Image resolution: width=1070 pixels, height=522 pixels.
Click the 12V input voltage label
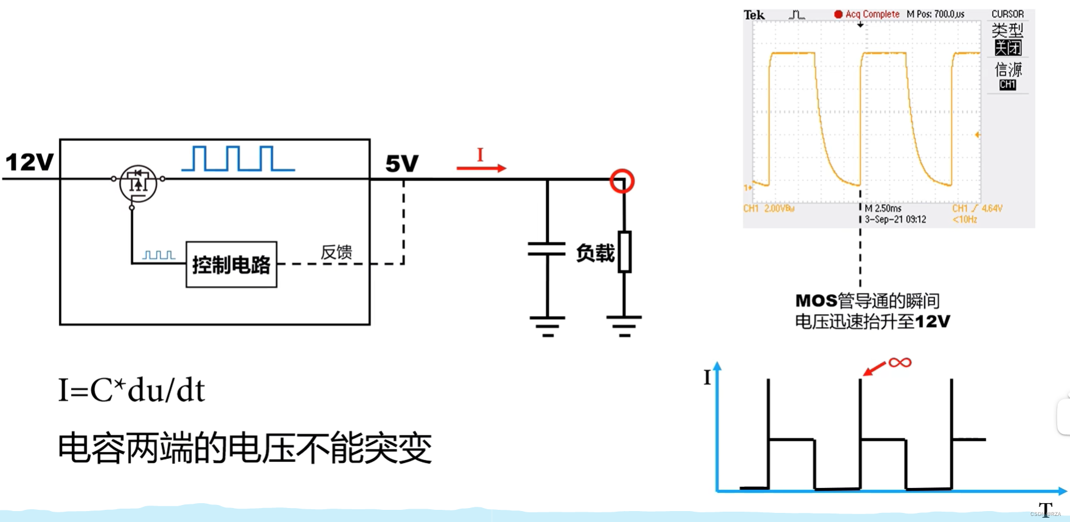tap(29, 162)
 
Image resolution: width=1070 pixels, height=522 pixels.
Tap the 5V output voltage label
tap(402, 163)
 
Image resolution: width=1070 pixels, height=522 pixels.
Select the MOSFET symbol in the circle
tap(138, 183)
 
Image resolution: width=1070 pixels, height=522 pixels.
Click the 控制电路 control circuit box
tap(231, 264)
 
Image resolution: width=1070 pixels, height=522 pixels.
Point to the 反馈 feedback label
tap(336, 252)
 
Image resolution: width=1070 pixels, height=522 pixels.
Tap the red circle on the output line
tap(622, 181)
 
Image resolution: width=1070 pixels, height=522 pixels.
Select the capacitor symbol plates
tap(547, 249)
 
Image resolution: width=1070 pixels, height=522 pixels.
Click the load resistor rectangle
tap(625, 252)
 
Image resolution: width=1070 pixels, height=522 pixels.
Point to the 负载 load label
tap(594, 253)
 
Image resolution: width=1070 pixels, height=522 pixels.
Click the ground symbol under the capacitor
tap(547, 326)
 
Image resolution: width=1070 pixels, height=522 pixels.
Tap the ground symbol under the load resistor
tap(624, 326)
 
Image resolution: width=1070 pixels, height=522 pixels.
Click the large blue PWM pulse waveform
tap(238, 159)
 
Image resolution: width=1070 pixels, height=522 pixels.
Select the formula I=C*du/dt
tap(131, 390)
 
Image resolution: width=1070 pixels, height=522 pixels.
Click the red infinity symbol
tap(900, 363)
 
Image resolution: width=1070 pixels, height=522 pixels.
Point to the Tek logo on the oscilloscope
tap(754, 15)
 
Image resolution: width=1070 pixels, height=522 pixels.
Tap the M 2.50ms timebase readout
tap(883, 208)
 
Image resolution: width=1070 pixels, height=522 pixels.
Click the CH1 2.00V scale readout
tap(769, 208)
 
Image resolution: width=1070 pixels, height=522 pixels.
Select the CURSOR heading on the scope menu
tap(1007, 14)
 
